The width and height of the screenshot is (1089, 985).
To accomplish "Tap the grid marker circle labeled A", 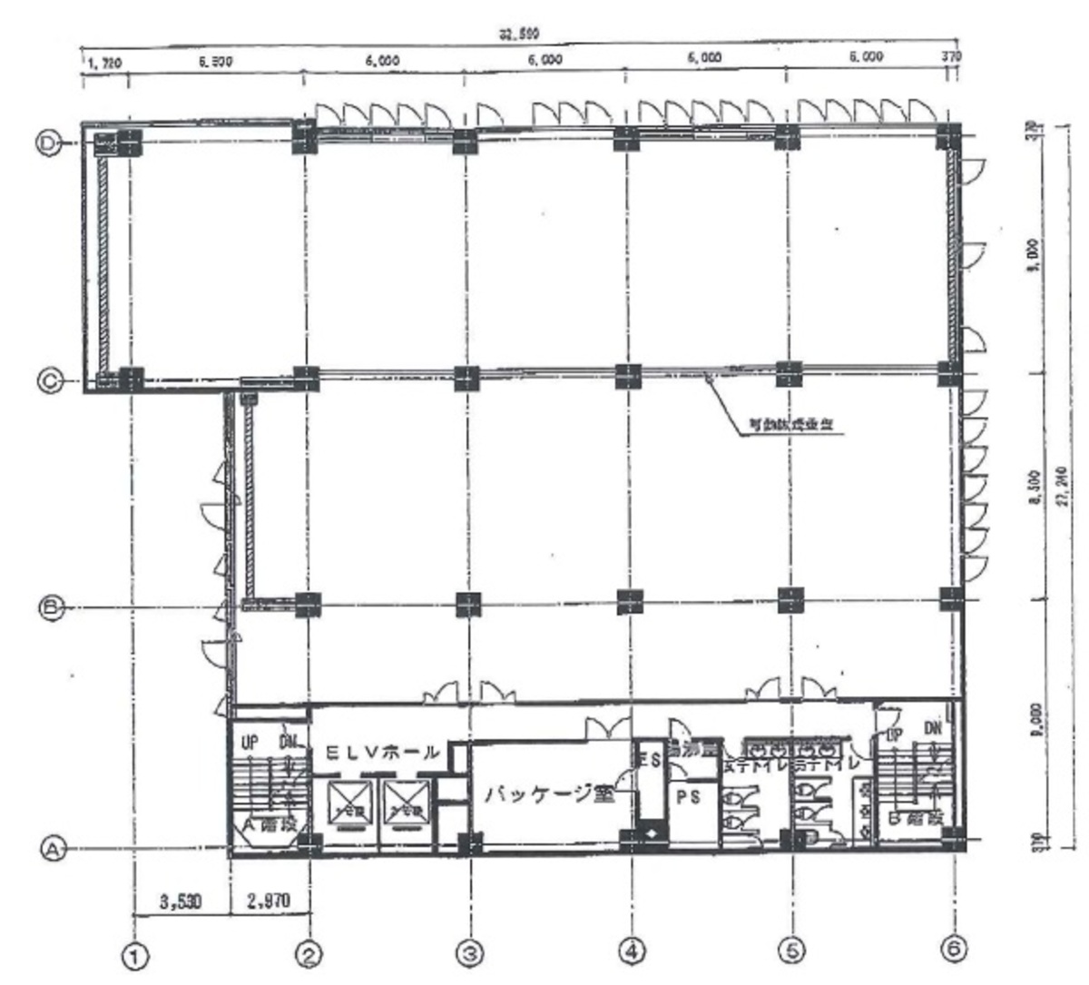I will coord(53,849).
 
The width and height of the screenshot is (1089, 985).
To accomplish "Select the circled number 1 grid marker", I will coord(136,954).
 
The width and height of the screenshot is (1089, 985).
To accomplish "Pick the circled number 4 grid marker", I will coord(632,951).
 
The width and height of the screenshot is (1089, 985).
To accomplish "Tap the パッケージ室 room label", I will coord(548,795).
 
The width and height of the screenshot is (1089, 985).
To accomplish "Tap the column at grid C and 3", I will coord(466,376).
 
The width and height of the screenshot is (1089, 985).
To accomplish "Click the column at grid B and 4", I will coord(629,601).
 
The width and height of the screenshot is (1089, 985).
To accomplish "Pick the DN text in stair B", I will coord(932,728).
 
